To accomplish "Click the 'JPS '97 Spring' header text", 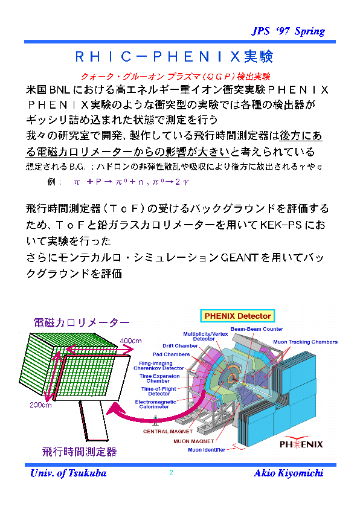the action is point(288,31).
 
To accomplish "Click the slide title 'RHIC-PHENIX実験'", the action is point(175,57).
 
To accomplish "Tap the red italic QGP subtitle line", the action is point(175,77).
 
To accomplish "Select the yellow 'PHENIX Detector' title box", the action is point(237,316).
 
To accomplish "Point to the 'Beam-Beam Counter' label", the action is point(257,329).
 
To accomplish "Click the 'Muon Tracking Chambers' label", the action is point(305,342).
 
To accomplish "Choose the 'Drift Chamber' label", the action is point(180,346).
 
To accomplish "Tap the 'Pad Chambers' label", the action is point(171,354).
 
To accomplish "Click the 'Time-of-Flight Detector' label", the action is point(159,391).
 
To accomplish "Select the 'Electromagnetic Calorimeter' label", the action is point(155,404).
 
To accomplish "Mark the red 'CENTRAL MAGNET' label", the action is point(168,432).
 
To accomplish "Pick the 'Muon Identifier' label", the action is point(207,450).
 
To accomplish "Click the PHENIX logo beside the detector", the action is point(301,443).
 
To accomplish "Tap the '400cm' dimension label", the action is point(130,341).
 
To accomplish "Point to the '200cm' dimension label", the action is point(40,405).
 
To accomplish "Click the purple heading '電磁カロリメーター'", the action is point(82,322).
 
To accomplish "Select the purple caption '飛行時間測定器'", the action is point(79,452).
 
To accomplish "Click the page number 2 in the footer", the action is point(171,473).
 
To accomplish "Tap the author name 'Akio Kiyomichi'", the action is point(289,473).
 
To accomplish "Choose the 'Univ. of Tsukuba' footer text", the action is point(68,473).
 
